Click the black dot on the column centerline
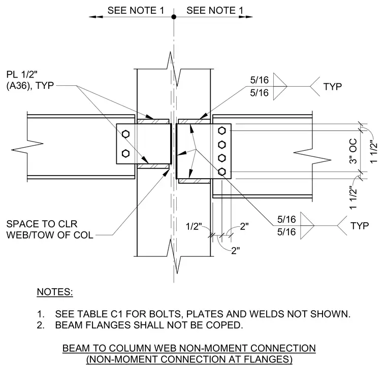(x=174, y=17)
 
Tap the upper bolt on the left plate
(x=125, y=134)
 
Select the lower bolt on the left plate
(x=125, y=154)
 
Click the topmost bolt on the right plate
(x=222, y=130)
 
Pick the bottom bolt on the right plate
(x=222, y=172)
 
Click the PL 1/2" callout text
(x=22, y=74)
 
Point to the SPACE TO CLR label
(x=42, y=224)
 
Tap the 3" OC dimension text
(x=353, y=151)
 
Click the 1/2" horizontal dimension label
(x=194, y=226)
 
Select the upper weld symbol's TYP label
(x=332, y=87)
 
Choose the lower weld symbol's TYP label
(x=360, y=226)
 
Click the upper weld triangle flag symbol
(x=280, y=86)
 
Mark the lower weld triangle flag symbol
(x=307, y=225)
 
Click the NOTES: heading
(x=55, y=292)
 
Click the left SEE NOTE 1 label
(x=136, y=10)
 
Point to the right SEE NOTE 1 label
(x=215, y=10)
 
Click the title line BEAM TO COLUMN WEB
(x=189, y=348)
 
